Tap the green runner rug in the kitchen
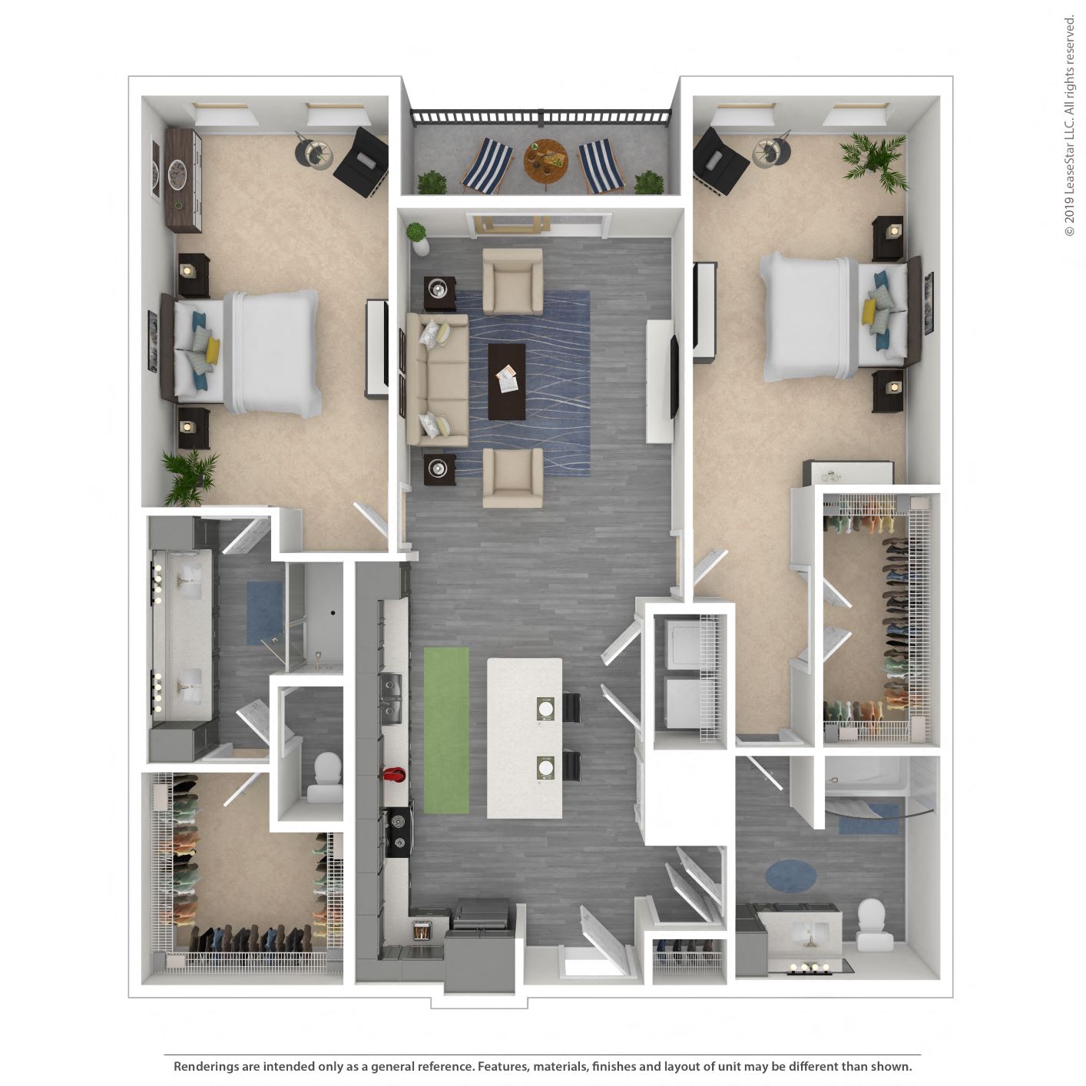446,730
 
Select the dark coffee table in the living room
507,381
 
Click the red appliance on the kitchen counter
395,774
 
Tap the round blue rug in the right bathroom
790,876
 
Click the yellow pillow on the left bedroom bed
212,350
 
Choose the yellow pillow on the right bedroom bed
869,312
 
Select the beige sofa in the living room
436,380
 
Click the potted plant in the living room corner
419,237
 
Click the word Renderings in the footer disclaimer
207,1066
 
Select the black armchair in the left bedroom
362,161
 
